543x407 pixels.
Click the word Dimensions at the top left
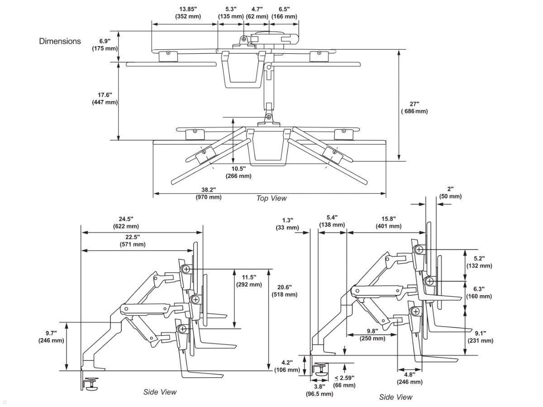(x=60, y=41)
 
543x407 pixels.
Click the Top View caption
(x=271, y=198)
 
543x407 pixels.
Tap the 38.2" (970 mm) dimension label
(x=209, y=193)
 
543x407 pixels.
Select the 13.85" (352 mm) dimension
(x=188, y=13)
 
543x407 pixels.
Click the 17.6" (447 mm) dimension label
(x=105, y=99)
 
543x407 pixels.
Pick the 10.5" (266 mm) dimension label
(x=238, y=172)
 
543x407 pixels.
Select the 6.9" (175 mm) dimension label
(x=105, y=45)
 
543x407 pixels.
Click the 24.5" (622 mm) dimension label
(x=126, y=222)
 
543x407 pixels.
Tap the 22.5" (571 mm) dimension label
(x=133, y=241)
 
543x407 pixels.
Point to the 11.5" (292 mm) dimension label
(x=249, y=281)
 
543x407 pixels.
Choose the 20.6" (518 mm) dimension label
(x=285, y=291)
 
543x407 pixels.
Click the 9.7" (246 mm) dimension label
(x=51, y=337)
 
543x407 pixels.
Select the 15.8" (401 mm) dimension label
(x=388, y=222)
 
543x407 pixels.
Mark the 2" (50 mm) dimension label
(x=450, y=193)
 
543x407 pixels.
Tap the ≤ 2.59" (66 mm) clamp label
(x=344, y=381)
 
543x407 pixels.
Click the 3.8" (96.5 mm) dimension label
(x=319, y=390)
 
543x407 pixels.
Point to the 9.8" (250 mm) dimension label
(x=372, y=334)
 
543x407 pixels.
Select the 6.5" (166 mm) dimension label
(x=284, y=13)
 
